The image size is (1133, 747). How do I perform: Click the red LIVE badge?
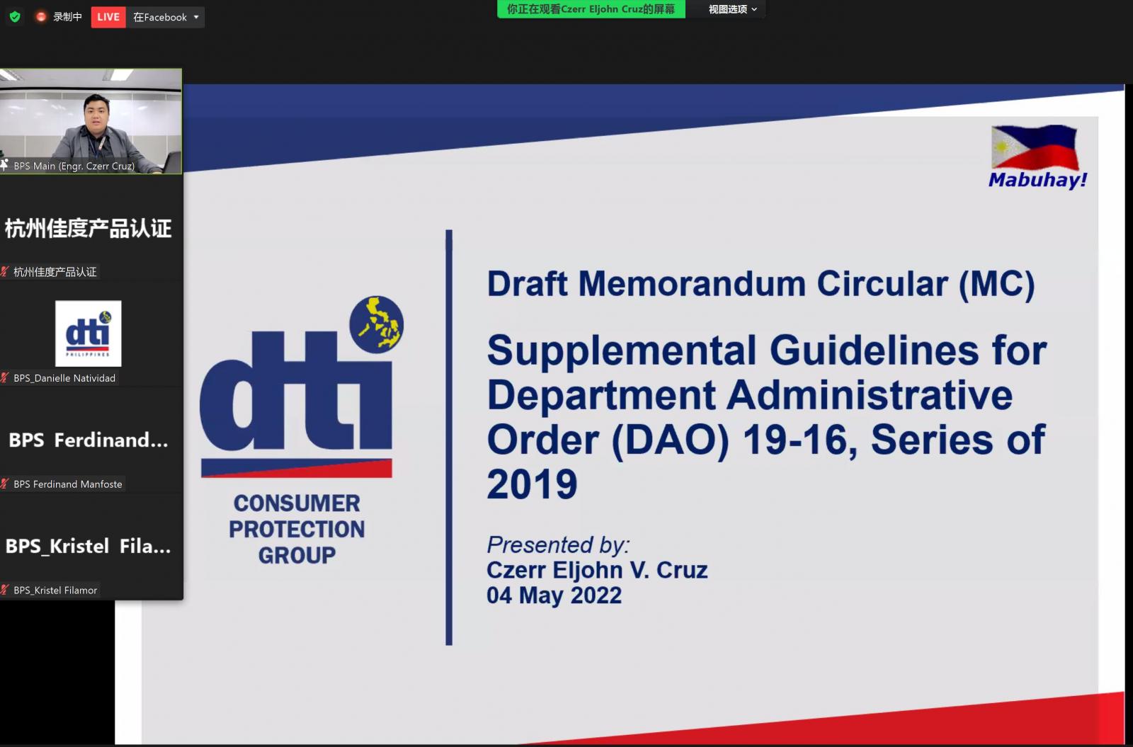[x=108, y=17]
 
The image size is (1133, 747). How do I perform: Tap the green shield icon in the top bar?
[x=15, y=17]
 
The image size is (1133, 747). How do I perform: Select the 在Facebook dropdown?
[x=166, y=17]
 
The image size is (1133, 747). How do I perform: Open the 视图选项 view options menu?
[x=733, y=9]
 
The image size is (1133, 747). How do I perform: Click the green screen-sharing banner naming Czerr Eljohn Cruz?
[x=591, y=9]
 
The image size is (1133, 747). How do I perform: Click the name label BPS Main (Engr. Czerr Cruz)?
[x=74, y=166]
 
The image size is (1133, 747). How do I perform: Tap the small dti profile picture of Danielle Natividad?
[x=88, y=333]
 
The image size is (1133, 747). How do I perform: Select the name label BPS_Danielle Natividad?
[x=64, y=378]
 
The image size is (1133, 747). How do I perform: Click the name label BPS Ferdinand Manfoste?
[x=68, y=484]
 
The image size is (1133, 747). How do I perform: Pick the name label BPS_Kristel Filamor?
[x=55, y=591]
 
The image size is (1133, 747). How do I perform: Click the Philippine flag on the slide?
[x=1035, y=147]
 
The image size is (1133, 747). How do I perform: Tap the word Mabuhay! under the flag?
[x=1038, y=180]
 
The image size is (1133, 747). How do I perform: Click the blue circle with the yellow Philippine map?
[x=376, y=324]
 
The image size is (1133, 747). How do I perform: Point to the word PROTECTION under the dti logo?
[x=297, y=529]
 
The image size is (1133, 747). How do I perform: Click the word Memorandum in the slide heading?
[x=692, y=283]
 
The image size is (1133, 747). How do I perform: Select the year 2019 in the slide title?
[x=532, y=484]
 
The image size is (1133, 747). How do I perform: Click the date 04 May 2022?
[x=554, y=595]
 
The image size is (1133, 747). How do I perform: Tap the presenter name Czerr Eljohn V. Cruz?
[x=597, y=570]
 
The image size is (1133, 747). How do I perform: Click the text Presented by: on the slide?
[x=558, y=544]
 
